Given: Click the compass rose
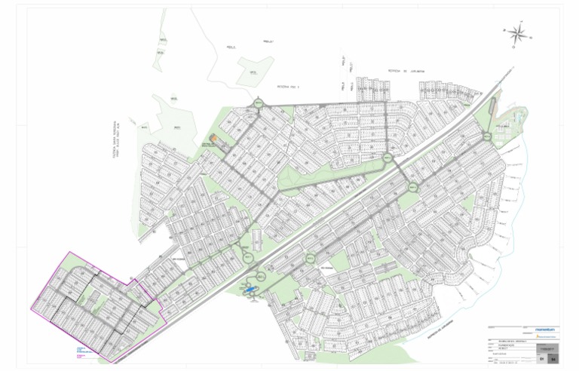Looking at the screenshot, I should (x=518, y=34).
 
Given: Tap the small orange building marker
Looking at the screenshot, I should (x=213, y=139).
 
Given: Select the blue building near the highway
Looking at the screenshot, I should (x=250, y=288).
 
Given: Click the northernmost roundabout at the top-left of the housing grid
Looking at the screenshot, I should (x=259, y=103).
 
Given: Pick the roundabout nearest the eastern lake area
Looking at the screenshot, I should (x=488, y=136).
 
